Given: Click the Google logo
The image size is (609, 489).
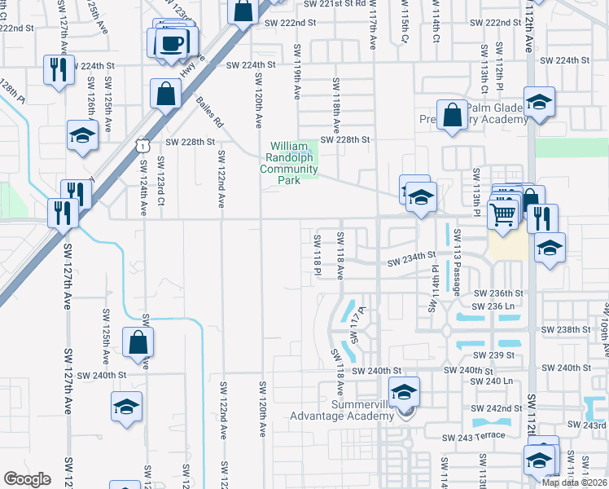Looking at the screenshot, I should tap(27, 479).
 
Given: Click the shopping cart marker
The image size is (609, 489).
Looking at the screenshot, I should tap(503, 215).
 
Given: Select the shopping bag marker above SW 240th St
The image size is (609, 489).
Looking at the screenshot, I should tap(138, 343).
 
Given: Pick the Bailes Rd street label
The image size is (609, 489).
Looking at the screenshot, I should tap(209, 112).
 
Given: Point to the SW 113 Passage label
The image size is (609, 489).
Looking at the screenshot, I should tap(458, 272).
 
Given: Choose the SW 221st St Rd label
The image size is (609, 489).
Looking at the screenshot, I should tap(333, 4).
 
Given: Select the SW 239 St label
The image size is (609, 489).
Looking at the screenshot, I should tap(499, 355).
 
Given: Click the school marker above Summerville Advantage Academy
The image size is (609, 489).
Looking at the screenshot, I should tap(403, 391).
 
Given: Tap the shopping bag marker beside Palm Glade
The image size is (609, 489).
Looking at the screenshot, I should tap(451, 115).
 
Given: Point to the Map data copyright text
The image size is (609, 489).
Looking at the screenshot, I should tap(573, 482).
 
